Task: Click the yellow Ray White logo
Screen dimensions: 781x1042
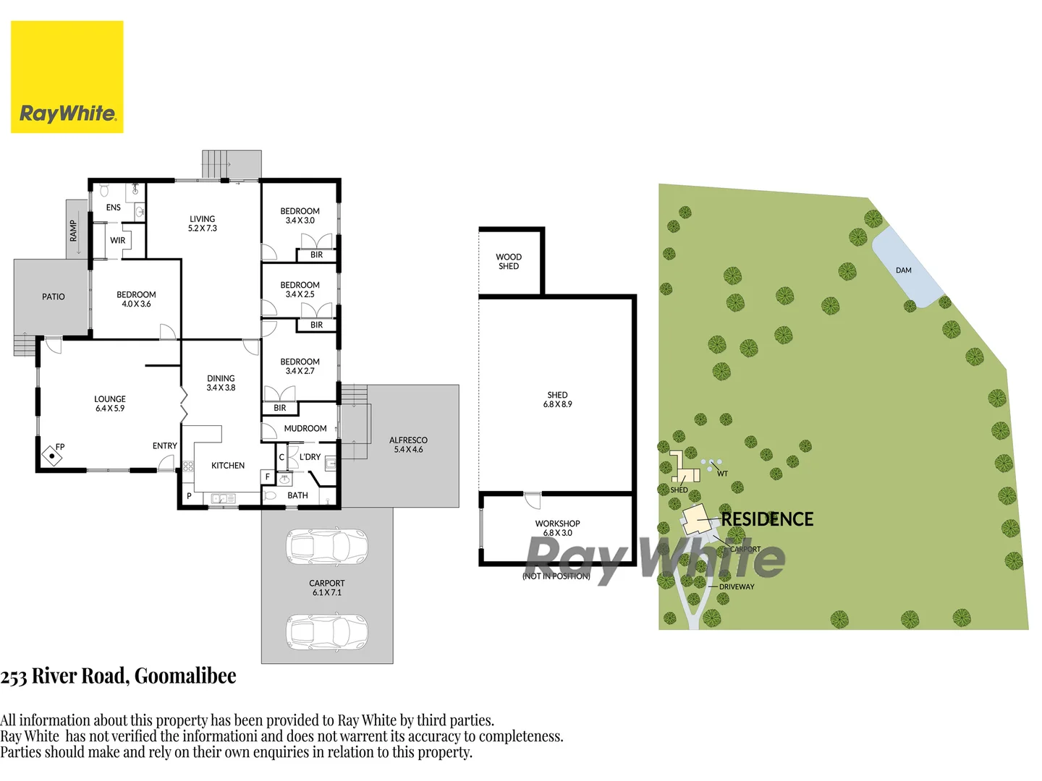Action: pos(67,77)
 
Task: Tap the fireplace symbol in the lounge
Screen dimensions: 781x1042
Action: pos(52,456)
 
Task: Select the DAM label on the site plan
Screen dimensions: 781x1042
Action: pos(903,270)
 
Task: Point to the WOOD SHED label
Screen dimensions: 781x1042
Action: pos(509,262)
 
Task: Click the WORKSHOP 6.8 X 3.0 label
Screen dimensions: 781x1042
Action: pos(557,528)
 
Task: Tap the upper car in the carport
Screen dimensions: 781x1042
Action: pos(327,547)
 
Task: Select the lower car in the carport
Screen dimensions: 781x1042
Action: pos(327,631)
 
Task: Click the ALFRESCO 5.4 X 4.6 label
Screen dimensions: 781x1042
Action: pos(408,445)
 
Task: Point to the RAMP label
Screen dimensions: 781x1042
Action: pos(73,231)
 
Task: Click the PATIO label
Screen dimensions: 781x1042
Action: pos(53,296)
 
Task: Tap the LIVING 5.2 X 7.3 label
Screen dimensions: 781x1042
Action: pos(203,223)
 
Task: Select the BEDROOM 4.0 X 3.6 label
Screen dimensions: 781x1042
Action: pos(136,299)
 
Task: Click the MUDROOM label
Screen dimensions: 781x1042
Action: pos(305,429)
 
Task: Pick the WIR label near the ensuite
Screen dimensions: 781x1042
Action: pos(118,241)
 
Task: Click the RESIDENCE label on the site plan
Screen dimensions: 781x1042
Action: pos(767,519)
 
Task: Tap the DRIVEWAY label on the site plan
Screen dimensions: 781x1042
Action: pos(737,586)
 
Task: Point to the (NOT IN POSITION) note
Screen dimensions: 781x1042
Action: pos(556,576)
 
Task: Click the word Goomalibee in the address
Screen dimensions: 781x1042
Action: pos(185,676)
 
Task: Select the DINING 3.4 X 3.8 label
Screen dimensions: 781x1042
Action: pos(221,383)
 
